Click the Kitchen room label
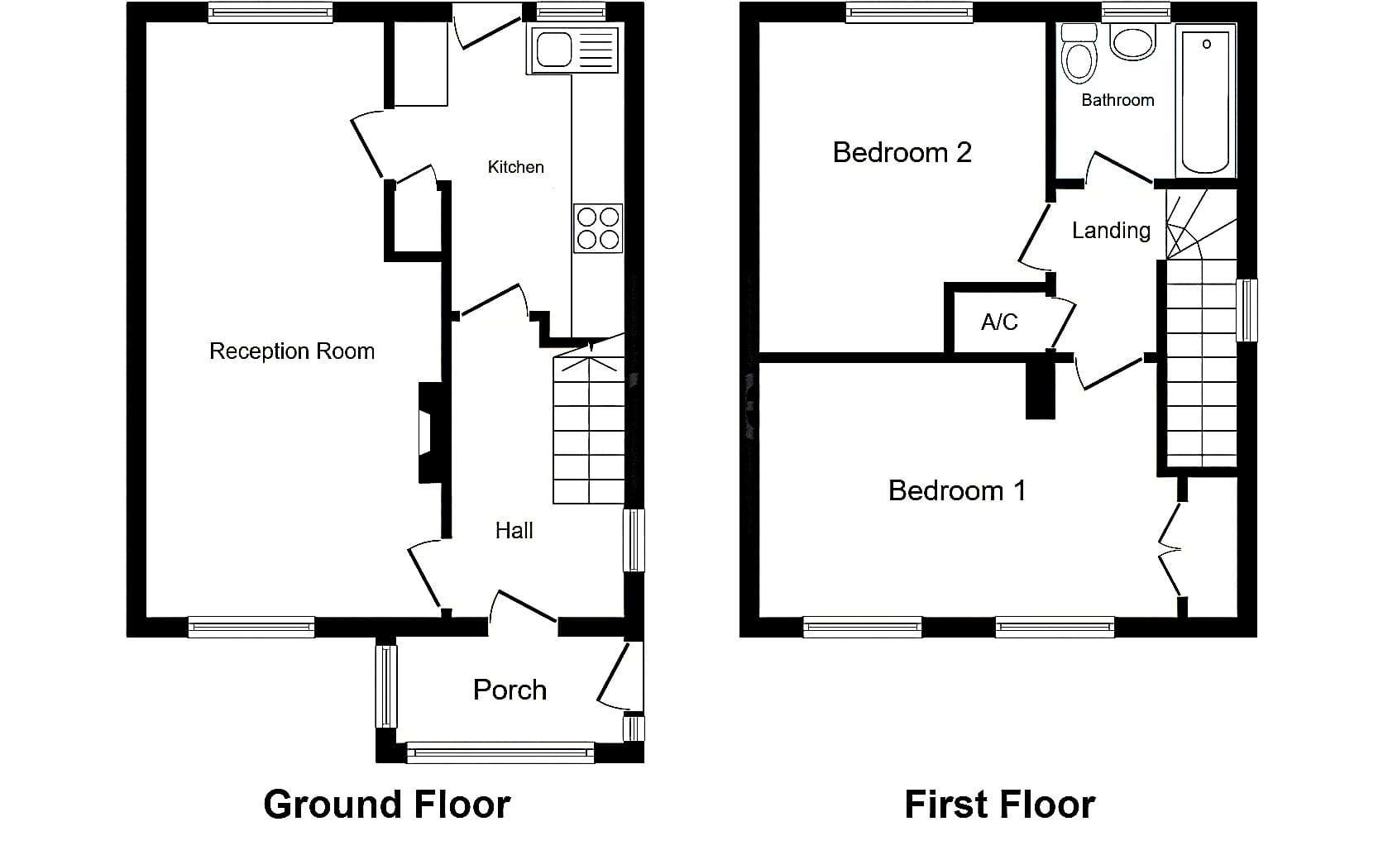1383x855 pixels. tap(515, 167)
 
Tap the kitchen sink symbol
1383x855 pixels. tap(573, 50)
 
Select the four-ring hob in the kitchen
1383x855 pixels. tap(598, 228)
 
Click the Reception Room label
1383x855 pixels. tap(292, 351)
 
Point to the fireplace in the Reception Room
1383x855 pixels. tap(430, 432)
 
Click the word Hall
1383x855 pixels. tap(514, 530)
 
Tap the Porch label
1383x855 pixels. tap(510, 690)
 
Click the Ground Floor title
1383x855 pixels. tap(387, 805)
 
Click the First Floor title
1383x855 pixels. tap(999, 805)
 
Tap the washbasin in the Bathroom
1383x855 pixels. tap(1132, 42)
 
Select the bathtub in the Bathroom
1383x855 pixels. tap(1206, 101)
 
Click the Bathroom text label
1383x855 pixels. tap(1117, 100)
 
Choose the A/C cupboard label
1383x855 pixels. tap(999, 322)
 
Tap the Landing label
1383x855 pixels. tap(1111, 231)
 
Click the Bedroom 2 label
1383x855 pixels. tap(902, 152)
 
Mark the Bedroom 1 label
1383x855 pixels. tap(957, 491)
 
